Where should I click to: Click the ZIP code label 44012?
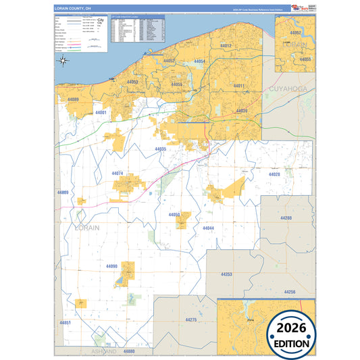[x=226, y=46]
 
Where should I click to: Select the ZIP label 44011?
[x=238, y=86]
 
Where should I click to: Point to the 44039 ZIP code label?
[x=242, y=110]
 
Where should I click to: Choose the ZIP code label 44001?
[x=101, y=112]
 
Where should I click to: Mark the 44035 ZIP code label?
[x=160, y=149]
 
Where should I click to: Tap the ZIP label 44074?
[x=118, y=174]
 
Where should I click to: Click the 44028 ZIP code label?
[x=274, y=174]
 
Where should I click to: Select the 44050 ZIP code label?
[x=174, y=215]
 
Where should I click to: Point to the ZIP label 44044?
[x=208, y=228]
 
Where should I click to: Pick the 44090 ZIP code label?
[x=111, y=266]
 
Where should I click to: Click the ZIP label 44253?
[x=226, y=274]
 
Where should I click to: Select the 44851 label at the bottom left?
[x=66, y=324]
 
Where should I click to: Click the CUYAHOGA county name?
[x=288, y=89]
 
